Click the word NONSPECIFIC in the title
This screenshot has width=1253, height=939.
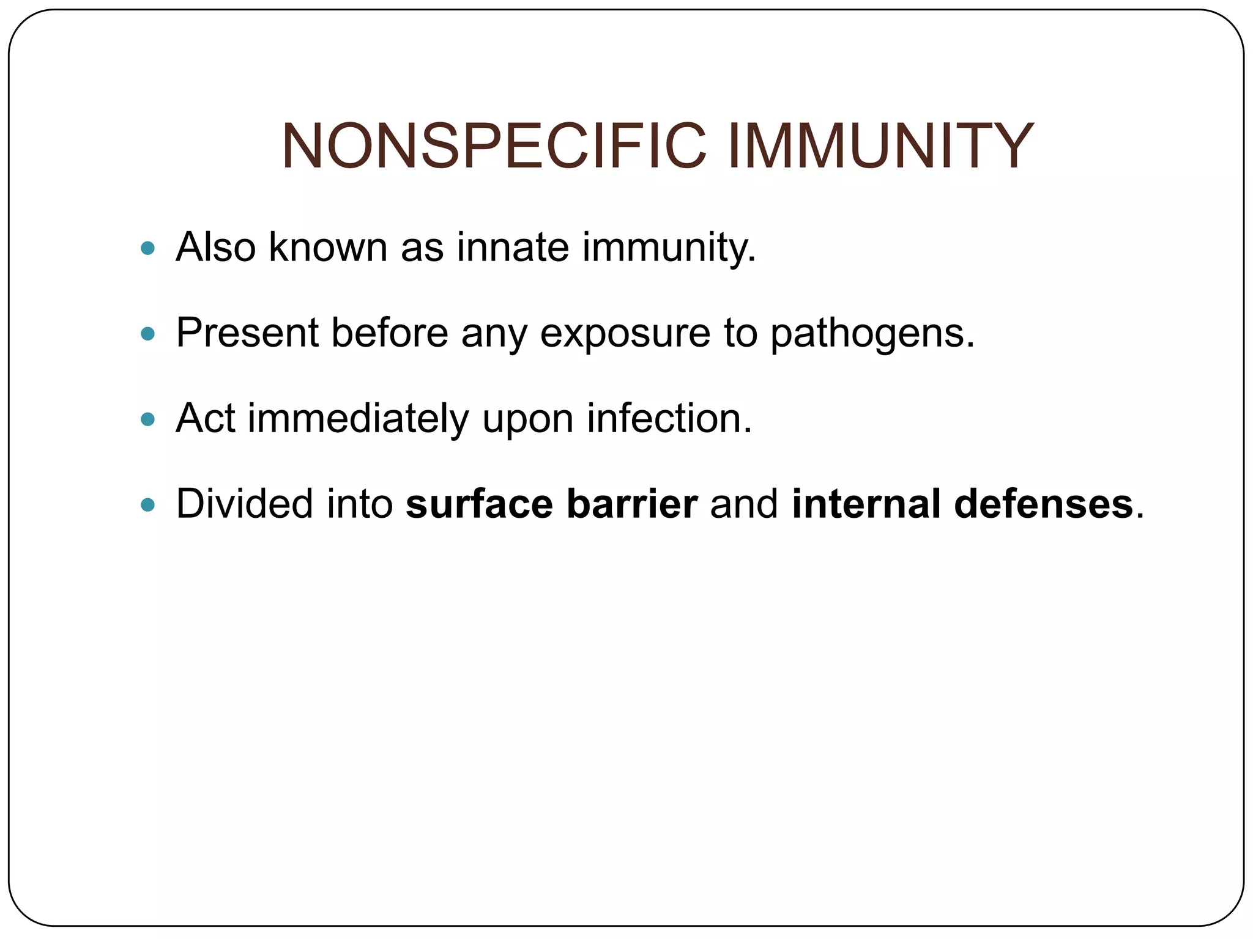tap(493, 147)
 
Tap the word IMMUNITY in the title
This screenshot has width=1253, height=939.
tap(880, 147)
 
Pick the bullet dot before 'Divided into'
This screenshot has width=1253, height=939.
tap(147, 505)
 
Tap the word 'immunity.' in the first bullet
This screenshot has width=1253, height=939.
tap(669, 248)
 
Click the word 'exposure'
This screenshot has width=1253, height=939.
tap(625, 334)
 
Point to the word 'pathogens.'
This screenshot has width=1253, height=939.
tap(872, 334)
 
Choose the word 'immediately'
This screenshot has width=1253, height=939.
tap(358, 419)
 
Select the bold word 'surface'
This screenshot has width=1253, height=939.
tap(479, 504)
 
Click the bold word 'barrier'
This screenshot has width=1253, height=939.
tap(632, 504)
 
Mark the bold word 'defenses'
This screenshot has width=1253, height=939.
tap(1044, 504)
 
